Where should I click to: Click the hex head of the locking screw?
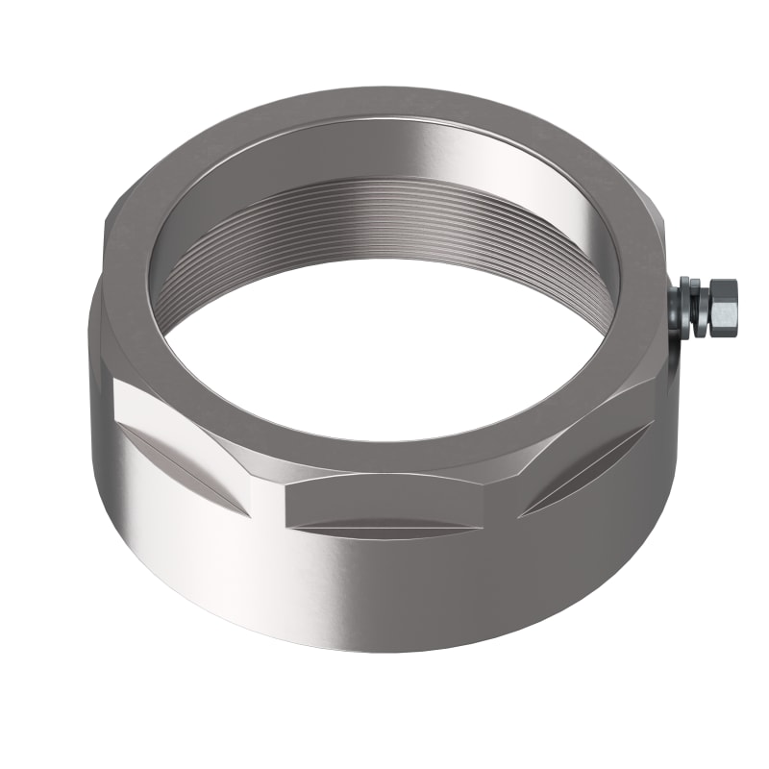point(723,307)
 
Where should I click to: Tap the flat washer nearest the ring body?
point(685,309)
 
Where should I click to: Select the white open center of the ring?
point(384,346)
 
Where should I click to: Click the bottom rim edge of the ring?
point(384,650)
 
